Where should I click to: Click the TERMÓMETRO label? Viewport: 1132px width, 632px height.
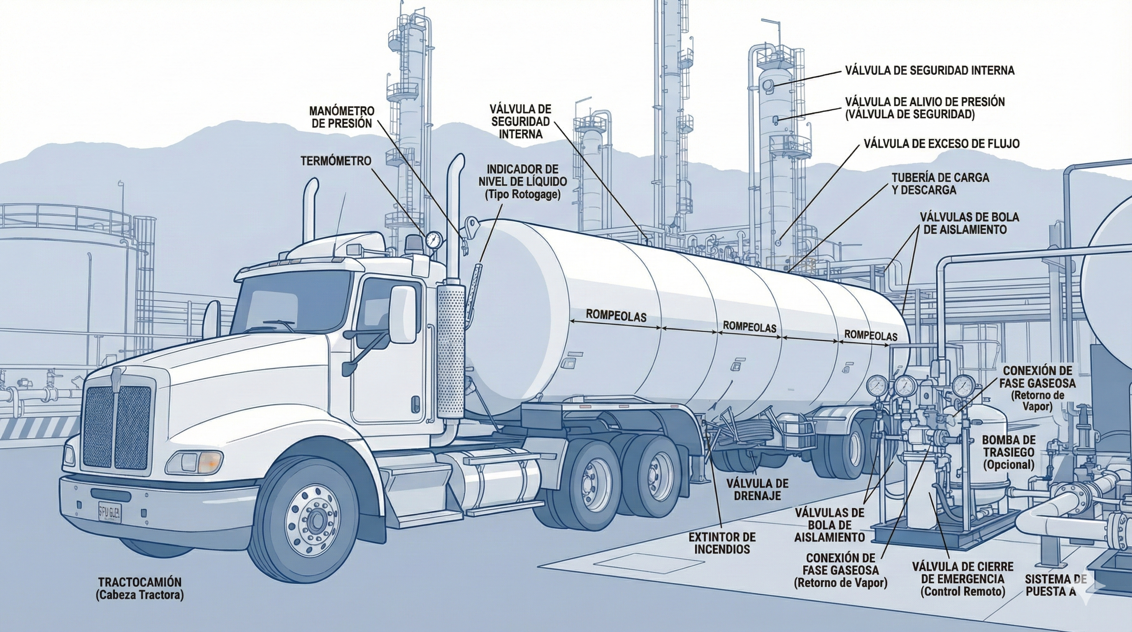[x=336, y=161]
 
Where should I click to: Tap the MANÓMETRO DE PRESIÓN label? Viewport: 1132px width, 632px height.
[x=342, y=117]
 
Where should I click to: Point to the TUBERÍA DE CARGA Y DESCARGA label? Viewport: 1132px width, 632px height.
[x=940, y=184]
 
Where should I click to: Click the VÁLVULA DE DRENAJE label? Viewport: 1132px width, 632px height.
[x=757, y=490]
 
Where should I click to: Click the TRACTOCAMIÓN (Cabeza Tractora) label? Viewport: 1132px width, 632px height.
[x=139, y=588]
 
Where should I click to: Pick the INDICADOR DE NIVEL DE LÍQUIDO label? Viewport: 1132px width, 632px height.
[x=522, y=181]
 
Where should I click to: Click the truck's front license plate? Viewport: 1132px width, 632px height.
[x=110, y=512]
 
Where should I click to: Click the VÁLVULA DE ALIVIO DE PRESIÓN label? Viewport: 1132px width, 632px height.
[x=925, y=108]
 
